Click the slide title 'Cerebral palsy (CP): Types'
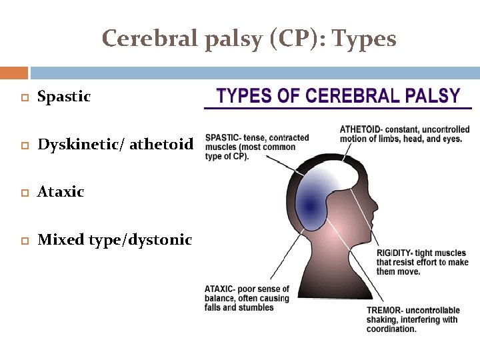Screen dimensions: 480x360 click(249, 39)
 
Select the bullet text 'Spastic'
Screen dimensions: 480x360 click(64, 97)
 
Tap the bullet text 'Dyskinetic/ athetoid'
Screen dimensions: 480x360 click(115, 144)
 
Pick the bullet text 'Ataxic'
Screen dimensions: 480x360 click(61, 192)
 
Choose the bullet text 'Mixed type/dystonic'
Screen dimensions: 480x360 click(115, 240)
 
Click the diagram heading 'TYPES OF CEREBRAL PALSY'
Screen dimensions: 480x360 click(339, 95)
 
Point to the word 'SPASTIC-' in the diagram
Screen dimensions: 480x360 click(225, 138)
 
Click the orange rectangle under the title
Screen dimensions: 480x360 click(13, 72)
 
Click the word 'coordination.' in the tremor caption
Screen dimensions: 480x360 click(391, 329)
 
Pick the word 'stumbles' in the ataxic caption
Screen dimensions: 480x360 click(257, 308)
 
